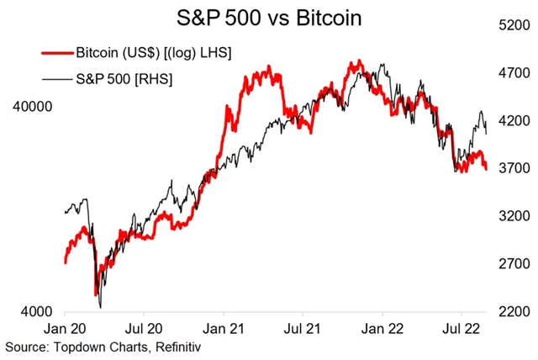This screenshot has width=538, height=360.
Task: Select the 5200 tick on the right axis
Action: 514,26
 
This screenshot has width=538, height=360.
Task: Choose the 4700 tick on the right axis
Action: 514,74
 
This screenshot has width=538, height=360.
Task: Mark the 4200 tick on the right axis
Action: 514,121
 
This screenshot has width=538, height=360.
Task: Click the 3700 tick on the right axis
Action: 514,169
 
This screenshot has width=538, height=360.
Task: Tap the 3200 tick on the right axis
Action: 514,216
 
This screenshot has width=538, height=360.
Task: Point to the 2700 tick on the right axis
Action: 514,264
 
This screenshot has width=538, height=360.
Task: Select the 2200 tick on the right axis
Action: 514,312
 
